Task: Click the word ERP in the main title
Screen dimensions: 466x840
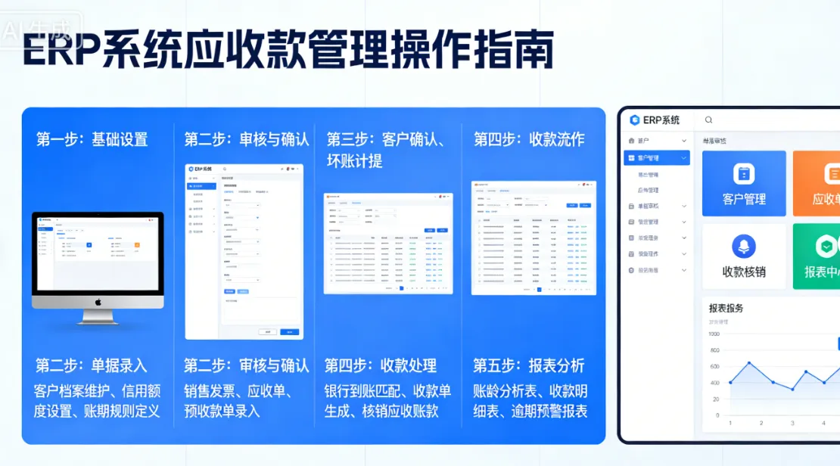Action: tap(60, 51)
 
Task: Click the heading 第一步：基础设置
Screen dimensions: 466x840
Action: tap(92, 139)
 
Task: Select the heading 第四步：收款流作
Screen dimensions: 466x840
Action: tap(529, 139)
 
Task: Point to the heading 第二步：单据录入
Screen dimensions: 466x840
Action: tap(91, 365)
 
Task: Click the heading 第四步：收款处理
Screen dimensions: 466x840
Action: tap(381, 365)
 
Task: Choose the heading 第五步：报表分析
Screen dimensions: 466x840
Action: tap(529, 365)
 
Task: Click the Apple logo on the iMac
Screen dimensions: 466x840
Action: tap(98, 301)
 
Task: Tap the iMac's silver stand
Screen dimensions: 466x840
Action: tap(98, 316)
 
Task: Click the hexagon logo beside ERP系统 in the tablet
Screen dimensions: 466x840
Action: tap(634, 120)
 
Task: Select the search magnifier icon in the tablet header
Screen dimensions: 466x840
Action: tap(708, 120)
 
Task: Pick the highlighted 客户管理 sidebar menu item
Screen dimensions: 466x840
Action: tap(656, 158)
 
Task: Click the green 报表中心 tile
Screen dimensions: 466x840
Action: tap(817, 256)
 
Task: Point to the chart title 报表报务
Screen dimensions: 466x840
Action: tap(726, 308)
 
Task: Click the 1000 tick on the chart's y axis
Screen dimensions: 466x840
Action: tap(714, 334)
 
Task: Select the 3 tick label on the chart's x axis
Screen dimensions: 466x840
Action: tap(792, 423)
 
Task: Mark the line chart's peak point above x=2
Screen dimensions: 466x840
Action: tap(749, 363)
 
